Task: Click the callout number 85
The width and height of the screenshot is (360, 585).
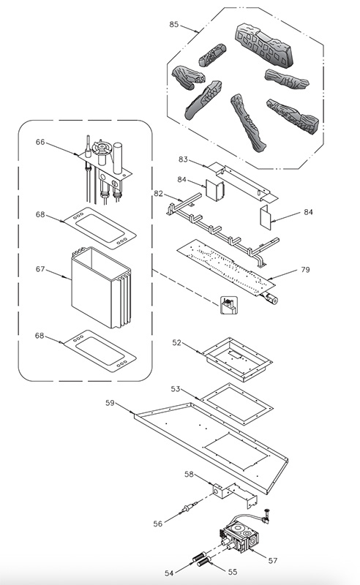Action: pyautogui.click(x=173, y=24)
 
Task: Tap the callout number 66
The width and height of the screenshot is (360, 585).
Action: pyautogui.click(x=40, y=142)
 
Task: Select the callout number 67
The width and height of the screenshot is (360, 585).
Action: pyautogui.click(x=40, y=269)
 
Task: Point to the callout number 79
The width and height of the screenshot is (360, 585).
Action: pyautogui.click(x=305, y=269)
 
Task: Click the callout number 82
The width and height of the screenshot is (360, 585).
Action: pyautogui.click(x=159, y=193)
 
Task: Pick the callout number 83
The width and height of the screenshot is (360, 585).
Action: pyautogui.click(x=183, y=159)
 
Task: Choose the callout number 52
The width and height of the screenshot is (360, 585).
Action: pyautogui.click(x=176, y=342)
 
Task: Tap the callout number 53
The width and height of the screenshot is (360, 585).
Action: pyautogui.click(x=176, y=389)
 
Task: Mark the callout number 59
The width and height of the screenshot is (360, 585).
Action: pyautogui.click(x=110, y=403)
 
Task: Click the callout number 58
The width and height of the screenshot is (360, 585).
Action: pyautogui.click(x=190, y=474)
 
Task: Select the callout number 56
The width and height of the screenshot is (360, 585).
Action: pyautogui.click(x=158, y=524)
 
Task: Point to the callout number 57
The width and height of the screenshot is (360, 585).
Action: pyautogui.click(x=273, y=560)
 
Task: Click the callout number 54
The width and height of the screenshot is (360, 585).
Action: pyautogui.click(x=169, y=573)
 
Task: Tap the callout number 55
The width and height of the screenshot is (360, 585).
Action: pyautogui.click(x=233, y=572)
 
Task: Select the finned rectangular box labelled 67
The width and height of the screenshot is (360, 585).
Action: pyautogui.click(x=101, y=287)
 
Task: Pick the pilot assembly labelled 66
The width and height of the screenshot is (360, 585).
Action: pyautogui.click(x=105, y=168)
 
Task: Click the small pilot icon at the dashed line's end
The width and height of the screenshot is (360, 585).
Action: pyautogui.click(x=228, y=305)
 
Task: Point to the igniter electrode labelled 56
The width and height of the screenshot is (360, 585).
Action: pyautogui.click(x=189, y=507)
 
